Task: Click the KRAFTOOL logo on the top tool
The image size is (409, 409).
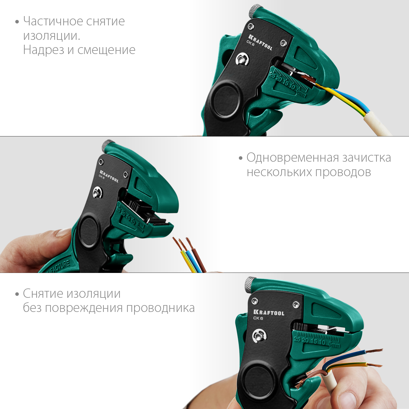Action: pyautogui.click(x=260, y=42)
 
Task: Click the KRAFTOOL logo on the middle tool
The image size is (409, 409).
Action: pyautogui.click(x=109, y=176)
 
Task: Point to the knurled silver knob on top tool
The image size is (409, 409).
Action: pyautogui.click(x=255, y=10)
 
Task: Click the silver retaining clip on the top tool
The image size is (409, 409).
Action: pyautogui.click(x=242, y=59)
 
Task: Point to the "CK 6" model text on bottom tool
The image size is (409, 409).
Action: pyautogui.click(x=258, y=318)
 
